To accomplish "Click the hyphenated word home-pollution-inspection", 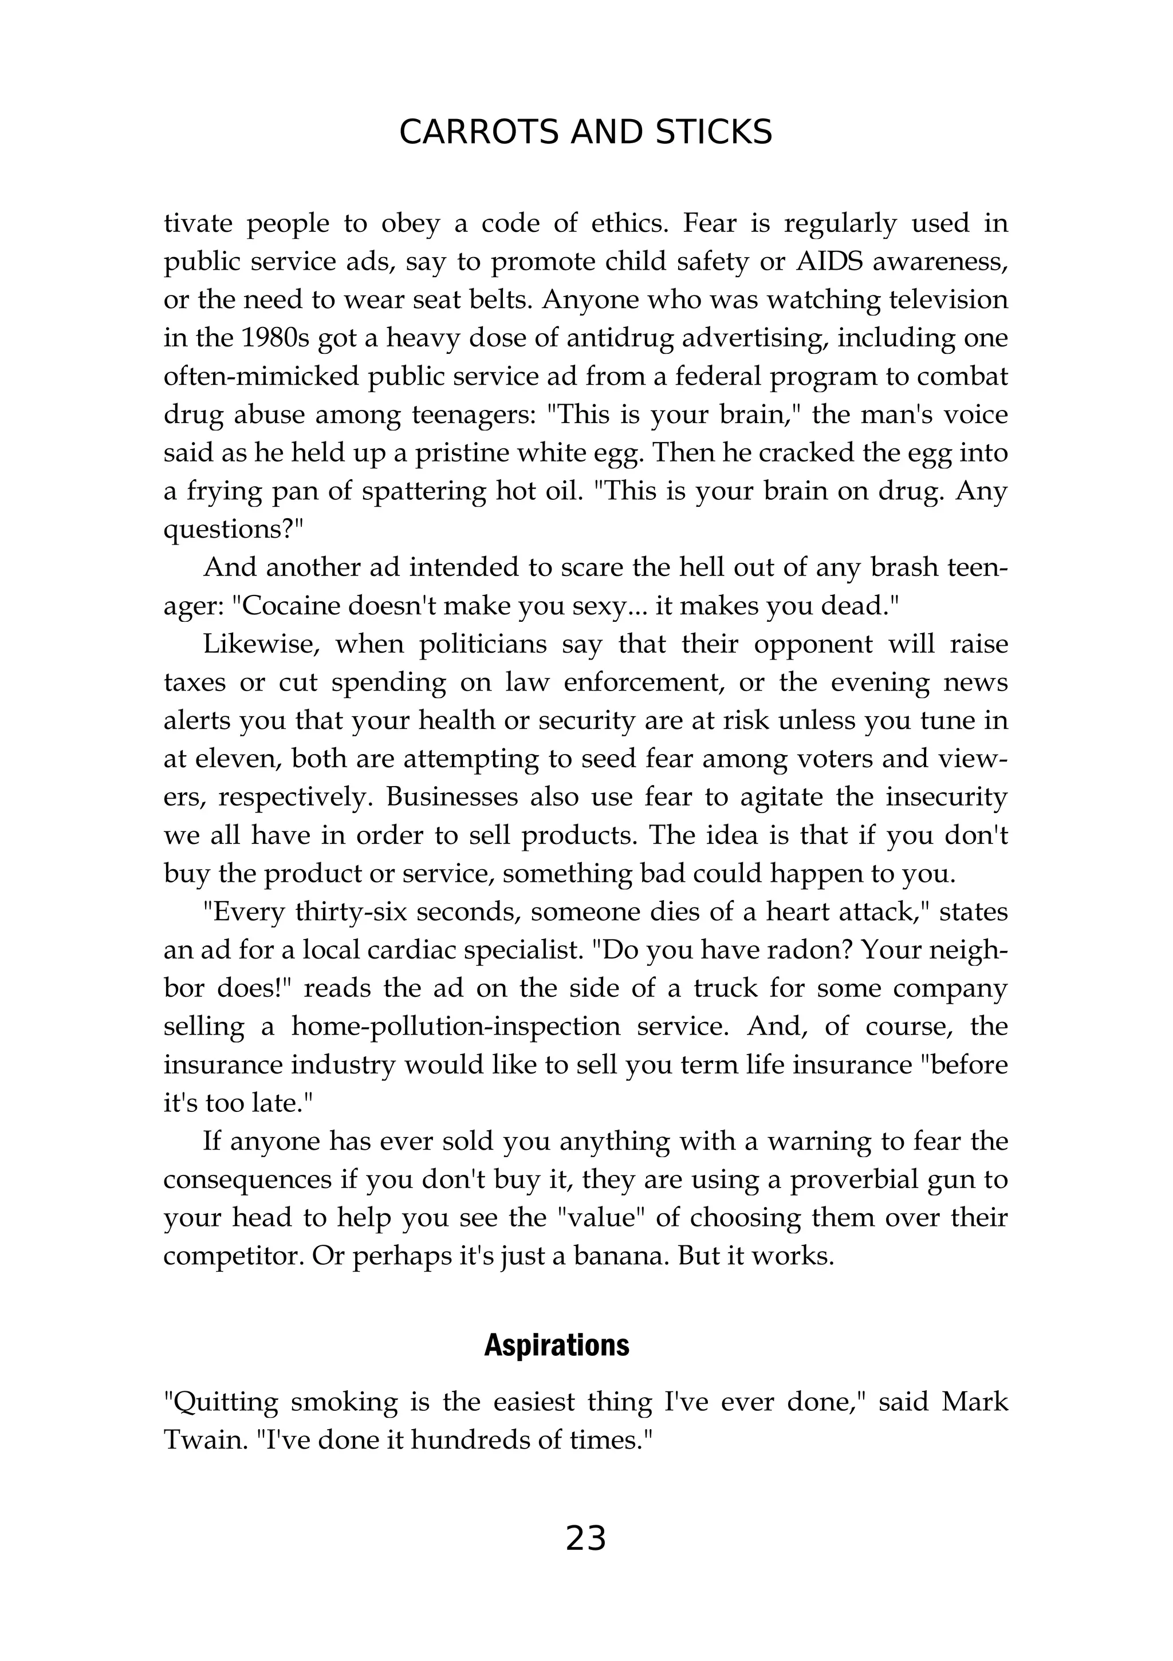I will [456, 1027].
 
